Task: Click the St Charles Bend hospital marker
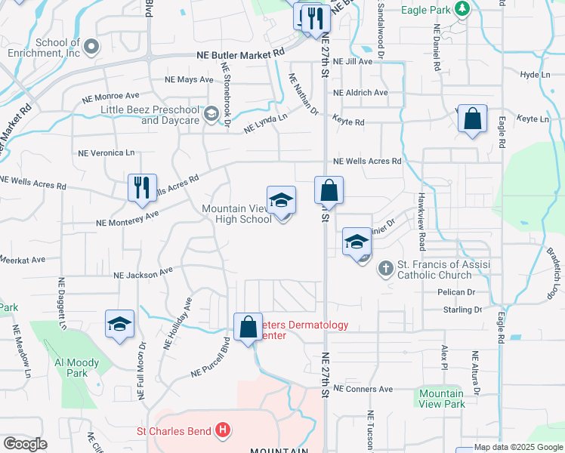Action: pyautogui.click(x=222, y=431)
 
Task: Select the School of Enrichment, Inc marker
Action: pyautogui.click(x=91, y=47)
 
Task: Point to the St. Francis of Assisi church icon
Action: pyautogui.click(x=385, y=269)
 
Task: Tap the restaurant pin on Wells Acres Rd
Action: pyautogui.click(x=142, y=189)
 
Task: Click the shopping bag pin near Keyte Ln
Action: pyautogui.click(x=472, y=120)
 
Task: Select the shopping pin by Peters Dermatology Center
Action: pyautogui.click(x=248, y=328)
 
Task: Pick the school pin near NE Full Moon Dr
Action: pyautogui.click(x=119, y=325)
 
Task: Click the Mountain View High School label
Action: pyautogui.click(x=236, y=214)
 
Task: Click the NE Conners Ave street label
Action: pyautogui.click(x=363, y=389)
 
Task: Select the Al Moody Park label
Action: pyautogui.click(x=76, y=368)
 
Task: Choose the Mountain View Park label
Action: pyautogui.click(x=442, y=399)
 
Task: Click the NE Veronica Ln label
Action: pyautogui.click(x=106, y=153)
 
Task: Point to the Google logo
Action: pyautogui.click(x=26, y=444)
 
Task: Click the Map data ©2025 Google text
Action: pyautogui.click(x=518, y=447)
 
